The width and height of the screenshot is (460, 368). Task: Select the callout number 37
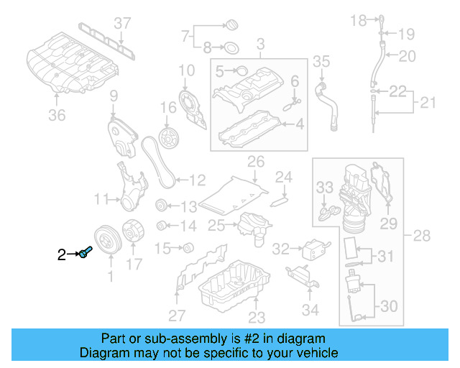point(124,23)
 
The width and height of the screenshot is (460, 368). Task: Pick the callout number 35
point(321,61)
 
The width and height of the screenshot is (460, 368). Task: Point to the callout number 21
point(428,104)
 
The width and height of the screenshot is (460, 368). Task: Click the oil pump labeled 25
point(248,226)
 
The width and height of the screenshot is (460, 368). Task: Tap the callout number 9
point(114,96)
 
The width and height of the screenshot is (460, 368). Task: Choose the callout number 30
point(388,306)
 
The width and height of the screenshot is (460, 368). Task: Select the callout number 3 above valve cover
point(259,44)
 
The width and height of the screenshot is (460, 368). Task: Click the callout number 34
point(310,310)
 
